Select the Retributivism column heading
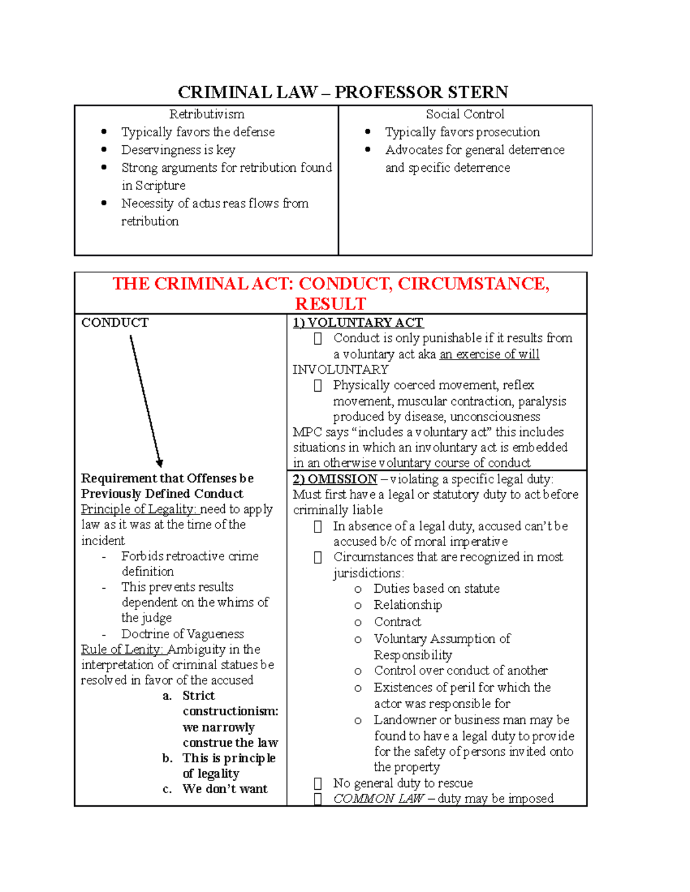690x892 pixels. pos(206,114)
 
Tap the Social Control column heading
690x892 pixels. pos(465,114)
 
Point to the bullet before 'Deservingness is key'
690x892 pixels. pos(104,150)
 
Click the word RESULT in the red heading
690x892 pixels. pos(330,304)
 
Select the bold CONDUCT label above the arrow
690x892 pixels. pos(115,323)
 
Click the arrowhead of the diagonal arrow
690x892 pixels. pos(160,463)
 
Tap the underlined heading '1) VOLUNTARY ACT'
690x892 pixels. pos(358,323)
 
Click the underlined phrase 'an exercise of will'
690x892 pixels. pos(489,354)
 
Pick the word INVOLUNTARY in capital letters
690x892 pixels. pos(340,370)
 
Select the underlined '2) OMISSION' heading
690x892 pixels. pos(335,479)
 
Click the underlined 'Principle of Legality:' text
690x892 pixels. pos(139,509)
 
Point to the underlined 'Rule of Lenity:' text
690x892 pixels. pos(122,650)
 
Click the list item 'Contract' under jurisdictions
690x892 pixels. pos(397,622)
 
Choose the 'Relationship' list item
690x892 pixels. pos(408,605)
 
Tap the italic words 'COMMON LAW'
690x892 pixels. pos(378,799)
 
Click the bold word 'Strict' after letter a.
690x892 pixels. pos(198,696)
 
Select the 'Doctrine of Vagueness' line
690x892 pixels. pos(182,634)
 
